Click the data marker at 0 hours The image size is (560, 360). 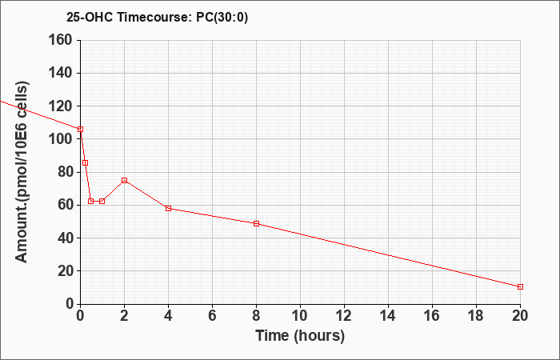80,130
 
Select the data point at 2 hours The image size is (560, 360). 124,180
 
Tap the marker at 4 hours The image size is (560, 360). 169,208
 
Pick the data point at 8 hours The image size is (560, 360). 257,223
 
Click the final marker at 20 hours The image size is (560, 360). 520,286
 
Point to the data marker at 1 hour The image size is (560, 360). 102,201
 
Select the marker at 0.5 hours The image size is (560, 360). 91,201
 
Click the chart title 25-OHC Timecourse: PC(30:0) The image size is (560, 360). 157,17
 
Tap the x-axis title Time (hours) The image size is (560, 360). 300,336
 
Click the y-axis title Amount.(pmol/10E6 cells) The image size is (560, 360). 22,172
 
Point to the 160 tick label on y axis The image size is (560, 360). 60,40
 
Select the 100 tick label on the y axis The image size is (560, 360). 60,139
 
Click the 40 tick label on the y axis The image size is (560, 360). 64,238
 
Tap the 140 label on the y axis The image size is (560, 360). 60,74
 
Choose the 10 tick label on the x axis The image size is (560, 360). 300,316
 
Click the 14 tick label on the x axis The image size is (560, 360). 388,316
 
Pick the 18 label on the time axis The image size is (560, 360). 476,316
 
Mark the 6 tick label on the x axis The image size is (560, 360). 213,316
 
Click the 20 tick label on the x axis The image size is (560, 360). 520,316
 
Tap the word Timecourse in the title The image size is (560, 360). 155,17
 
